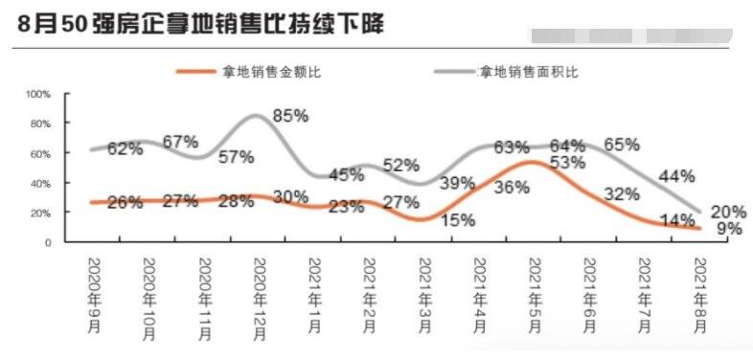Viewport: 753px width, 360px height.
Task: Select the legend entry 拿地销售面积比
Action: tap(529, 72)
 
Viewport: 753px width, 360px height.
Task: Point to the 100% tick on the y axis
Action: tap(37, 95)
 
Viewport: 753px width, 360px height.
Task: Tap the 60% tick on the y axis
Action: tap(40, 153)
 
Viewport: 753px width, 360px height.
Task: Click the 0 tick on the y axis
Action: tap(46, 242)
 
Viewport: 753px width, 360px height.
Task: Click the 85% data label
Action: tap(289, 116)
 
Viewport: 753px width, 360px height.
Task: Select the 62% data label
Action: tap(125, 148)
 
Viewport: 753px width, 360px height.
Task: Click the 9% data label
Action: tap(730, 229)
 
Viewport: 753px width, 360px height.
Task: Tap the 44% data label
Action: tap(677, 176)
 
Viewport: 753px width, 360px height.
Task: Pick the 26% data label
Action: tap(125, 202)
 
